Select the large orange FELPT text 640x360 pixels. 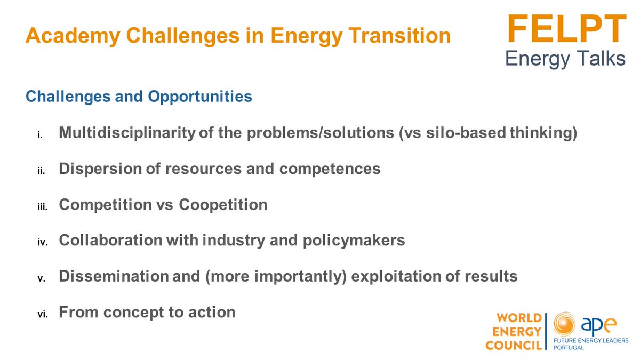[x=566, y=29]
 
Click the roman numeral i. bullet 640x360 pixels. [x=41, y=135]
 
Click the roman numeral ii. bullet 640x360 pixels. [x=42, y=171]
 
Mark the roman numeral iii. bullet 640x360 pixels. [x=42, y=206]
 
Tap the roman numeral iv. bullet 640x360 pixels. [x=42, y=242]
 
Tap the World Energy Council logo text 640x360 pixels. [x=513, y=332]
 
